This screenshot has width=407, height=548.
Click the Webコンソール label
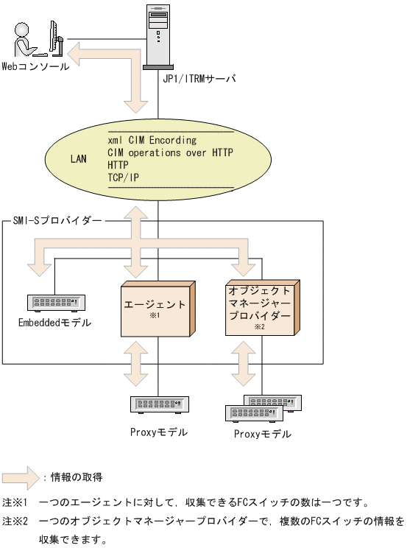coord(35,66)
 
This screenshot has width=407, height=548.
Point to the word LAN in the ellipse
coord(79,158)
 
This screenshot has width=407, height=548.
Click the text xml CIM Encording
coord(152,139)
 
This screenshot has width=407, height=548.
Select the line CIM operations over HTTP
coord(164,152)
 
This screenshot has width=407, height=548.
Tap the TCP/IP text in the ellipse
coord(123,177)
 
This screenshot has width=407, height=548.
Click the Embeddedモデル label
coord(54,323)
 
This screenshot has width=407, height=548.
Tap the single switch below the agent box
coord(158,404)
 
